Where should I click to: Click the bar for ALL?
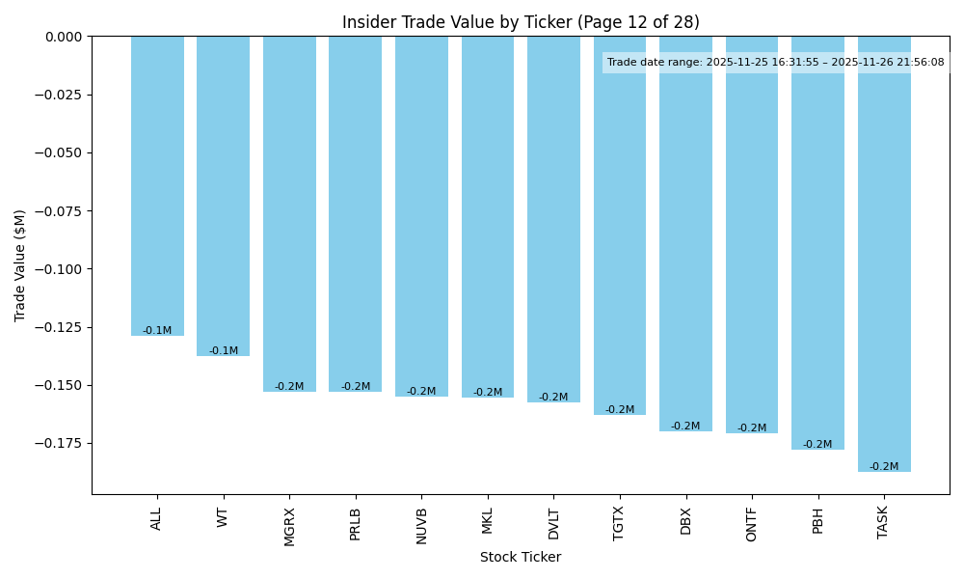(x=157, y=185)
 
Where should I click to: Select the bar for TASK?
(x=884, y=253)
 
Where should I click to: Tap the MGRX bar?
(x=289, y=213)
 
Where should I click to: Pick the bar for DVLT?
(x=553, y=219)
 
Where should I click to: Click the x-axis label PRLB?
(x=356, y=524)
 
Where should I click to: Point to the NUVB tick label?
(x=421, y=525)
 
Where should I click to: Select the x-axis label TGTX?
(x=619, y=523)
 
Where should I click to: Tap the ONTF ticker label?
(x=752, y=524)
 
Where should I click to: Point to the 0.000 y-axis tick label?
(x=62, y=37)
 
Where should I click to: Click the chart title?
(x=521, y=22)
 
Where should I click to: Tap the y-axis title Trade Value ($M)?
(x=20, y=265)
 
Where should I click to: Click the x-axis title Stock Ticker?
(x=521, y=557)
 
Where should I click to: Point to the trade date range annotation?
(x=776, y=63)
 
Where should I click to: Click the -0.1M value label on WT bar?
(x=224, y=351)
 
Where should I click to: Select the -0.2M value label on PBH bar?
(x=817, y=445)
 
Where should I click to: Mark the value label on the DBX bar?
(x=685, y=427)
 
